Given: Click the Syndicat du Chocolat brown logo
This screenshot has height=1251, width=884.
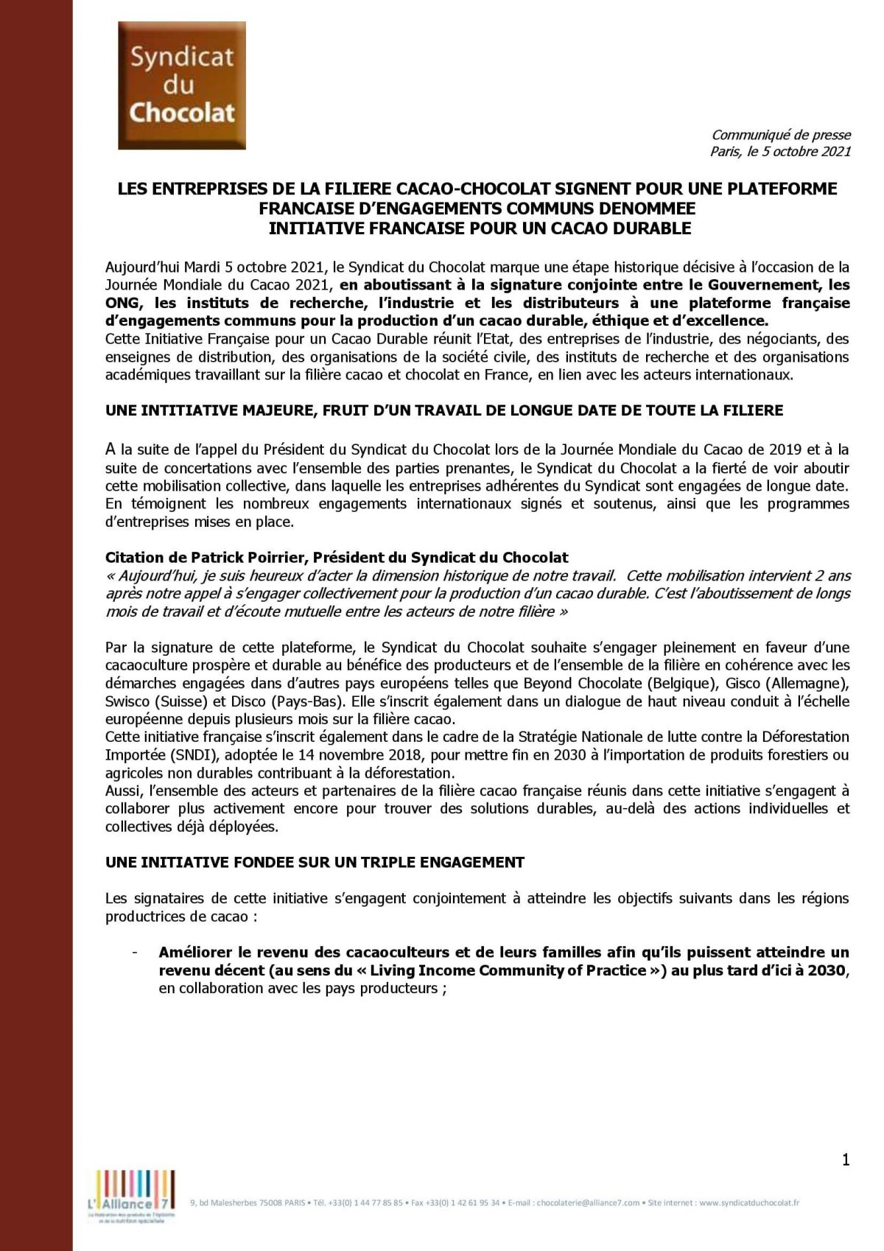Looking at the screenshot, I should tap(181, 85).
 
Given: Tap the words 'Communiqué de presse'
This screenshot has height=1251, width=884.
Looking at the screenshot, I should tap(781, 135).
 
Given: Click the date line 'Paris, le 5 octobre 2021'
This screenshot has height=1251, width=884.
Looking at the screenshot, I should tap(780, 152).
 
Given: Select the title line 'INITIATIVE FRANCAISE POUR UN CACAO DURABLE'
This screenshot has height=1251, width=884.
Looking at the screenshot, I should tap(480, 228).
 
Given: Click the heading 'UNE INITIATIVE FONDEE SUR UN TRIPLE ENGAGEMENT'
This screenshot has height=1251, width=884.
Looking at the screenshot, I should tap(315, 862).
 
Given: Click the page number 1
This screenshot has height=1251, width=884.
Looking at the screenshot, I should tap(846, 1160).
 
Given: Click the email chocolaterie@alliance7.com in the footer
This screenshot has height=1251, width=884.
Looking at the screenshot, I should tap(588, 1203).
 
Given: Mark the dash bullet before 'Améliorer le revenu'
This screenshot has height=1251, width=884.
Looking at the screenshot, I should tap(135, 953).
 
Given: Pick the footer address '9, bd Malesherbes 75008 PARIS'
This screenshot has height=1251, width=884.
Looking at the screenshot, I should tap(245, 1203).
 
